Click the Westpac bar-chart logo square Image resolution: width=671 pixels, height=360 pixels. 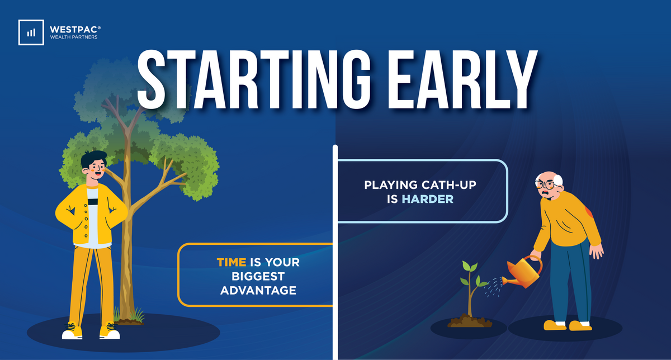31,32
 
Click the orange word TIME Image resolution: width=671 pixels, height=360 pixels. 231,262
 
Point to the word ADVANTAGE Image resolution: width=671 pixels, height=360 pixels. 258,291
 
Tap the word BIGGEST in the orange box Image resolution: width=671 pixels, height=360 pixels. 258,277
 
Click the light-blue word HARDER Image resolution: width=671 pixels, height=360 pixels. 427,199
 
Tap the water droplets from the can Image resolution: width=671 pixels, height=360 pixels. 494,287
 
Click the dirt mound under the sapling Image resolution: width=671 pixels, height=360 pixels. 469,321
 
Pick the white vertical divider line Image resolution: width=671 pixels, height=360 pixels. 335,252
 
